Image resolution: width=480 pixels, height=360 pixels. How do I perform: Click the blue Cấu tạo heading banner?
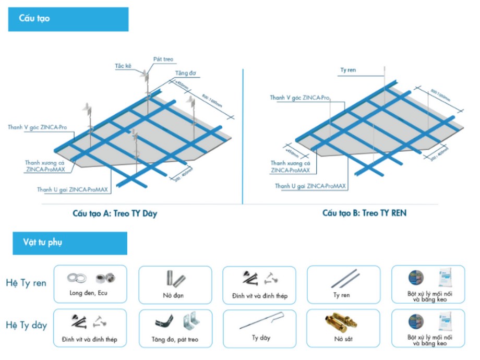tap(68, 19)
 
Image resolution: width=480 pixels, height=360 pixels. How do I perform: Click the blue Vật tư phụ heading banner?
tap(67, 243)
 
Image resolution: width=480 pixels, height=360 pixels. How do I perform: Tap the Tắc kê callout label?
tap(123, 66)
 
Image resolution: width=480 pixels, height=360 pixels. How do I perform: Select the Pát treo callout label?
tap(162, 59)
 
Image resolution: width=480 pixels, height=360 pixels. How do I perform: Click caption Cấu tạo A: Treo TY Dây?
tap(115, 213)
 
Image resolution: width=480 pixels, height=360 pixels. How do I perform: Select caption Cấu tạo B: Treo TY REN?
tap(364, 213)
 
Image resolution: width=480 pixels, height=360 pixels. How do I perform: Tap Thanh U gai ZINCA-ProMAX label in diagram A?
tap(73, 190)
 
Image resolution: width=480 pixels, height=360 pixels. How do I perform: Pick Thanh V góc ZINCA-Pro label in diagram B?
tap(299, 98)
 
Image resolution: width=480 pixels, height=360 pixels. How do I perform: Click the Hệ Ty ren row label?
tap(26, 283)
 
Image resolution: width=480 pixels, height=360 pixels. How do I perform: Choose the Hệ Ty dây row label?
tap(26, 326)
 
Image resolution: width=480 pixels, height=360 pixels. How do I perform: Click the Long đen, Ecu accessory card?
tap(90, 284)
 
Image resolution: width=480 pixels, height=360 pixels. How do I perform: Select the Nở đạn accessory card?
tap(175, 284)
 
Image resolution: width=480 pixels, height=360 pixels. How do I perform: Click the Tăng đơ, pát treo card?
tap(175, 327)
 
